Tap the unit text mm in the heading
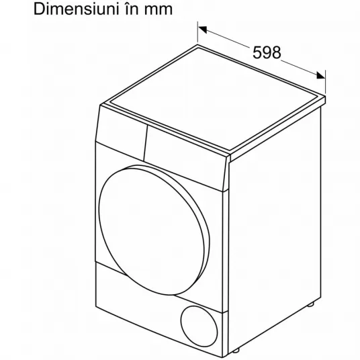point(159,11)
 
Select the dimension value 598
point(267,52)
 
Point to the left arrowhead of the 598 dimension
point(203,30)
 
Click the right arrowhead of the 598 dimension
point(321,75)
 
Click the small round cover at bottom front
point(199,326)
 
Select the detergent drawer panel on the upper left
point(122,132)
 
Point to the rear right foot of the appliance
point(311,304)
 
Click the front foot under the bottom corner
point(235,351)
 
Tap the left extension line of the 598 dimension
point(197,32)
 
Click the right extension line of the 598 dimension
point(325,82)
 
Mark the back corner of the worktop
point(198,45)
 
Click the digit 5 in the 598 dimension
point(257,52)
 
